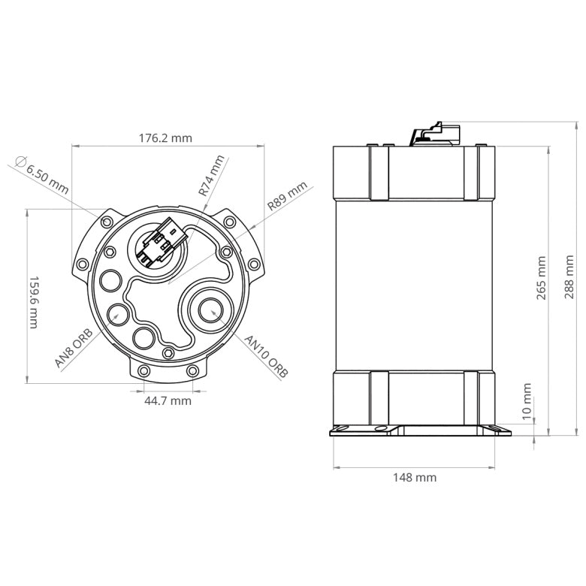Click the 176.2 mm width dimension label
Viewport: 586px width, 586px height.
pos(165,138)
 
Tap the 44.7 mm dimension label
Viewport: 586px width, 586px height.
pos(168,400)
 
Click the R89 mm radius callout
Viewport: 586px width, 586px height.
pos(288,195)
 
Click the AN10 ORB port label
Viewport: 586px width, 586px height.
pos(267,355)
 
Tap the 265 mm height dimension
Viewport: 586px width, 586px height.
pos(542,278)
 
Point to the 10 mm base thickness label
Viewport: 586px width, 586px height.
pos(527,400)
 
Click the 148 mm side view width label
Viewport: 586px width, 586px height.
pos(414,477)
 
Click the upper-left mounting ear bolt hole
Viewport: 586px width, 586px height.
pos(107,222)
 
